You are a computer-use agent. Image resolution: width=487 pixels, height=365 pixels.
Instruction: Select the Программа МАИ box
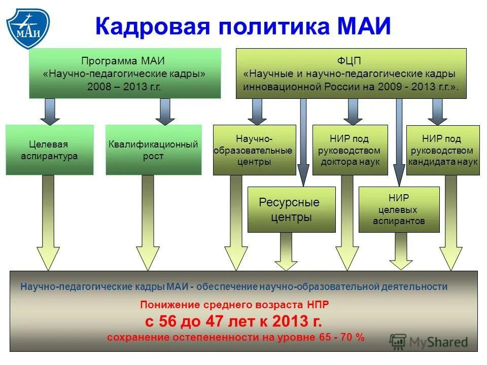pyautogui.click(x=125, y=73)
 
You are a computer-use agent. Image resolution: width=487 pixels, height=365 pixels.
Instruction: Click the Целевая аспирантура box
pyautogui.click(x=49, y=150)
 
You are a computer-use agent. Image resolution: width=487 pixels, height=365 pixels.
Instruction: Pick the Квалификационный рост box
pyautogui.click(x=153, y=150)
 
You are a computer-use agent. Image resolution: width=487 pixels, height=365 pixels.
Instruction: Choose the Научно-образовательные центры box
pyautogui.click(x=254, y=150)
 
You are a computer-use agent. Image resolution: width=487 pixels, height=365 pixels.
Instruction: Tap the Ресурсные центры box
pyautogui.click(x=291, y=209)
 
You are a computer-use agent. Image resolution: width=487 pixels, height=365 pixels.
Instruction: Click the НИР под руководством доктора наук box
pyautogui.click(x=350, y=150)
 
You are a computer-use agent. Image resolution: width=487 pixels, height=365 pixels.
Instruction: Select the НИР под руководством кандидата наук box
pyautogui.click(x=443, y=150)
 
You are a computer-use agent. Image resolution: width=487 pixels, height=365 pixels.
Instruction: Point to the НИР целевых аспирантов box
pyautogui.click(x=399, y=209)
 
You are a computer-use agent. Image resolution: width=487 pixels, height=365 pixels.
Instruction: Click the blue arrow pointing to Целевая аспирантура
pyautogui.click(x=50, y=111)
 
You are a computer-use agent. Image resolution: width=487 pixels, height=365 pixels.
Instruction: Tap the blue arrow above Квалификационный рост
pyautogui.click(x=165, y=111)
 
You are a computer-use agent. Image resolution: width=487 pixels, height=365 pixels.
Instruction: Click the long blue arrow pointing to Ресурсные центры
pyautogui.click(x=303, y=142)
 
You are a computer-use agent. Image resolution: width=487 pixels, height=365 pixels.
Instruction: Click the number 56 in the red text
pyautogui.click(x=170, y=321)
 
